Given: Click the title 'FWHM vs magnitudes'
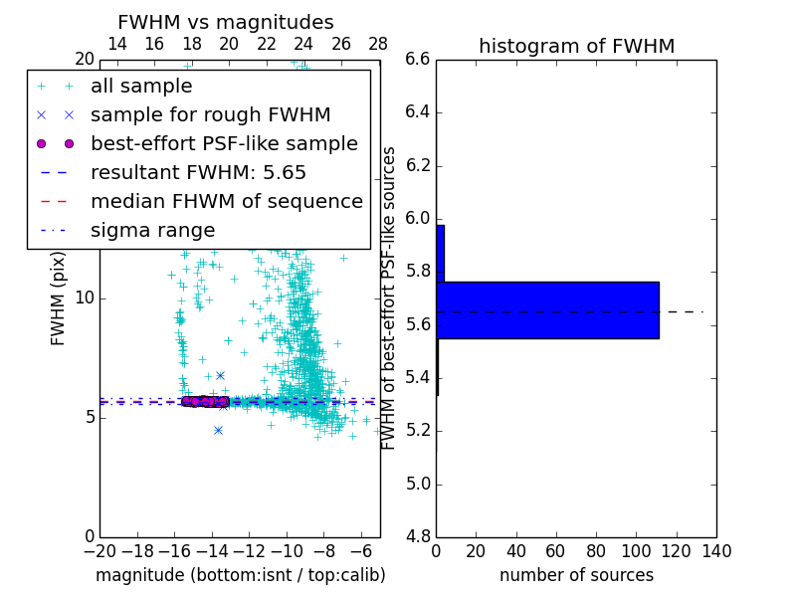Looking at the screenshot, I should click(226, 23).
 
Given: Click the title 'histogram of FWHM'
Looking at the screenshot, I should click(576, 46).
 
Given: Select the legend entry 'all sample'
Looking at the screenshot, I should click(141, 87).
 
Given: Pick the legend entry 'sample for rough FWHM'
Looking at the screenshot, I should click(210, 115).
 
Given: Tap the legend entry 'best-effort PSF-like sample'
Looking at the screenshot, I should click(224, 144).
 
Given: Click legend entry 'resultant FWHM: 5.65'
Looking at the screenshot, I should click(198, 173).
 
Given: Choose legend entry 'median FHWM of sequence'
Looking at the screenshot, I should click(226, 202).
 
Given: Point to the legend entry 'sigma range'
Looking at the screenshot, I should click(152, 231).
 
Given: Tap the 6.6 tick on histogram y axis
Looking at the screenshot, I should click(417, 59).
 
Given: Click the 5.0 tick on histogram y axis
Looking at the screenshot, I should click(417, 485).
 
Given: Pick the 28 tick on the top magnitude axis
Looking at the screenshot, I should click(379, 44).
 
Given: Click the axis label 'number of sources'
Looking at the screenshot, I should click(576, 575).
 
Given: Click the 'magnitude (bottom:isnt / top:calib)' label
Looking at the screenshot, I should click(240, 575).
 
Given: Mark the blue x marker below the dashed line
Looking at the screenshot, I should click(218, 430).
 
